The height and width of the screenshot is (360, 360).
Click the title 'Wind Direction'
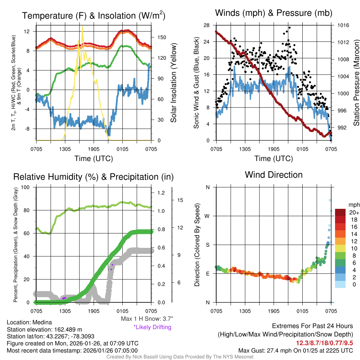point(274,175)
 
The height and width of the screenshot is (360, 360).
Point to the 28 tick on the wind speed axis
point(207,25)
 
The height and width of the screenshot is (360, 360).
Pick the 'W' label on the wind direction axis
point(207,216)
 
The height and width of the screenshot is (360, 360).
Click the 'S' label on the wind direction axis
point(207,245)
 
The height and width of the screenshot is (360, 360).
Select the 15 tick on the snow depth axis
point(180,200)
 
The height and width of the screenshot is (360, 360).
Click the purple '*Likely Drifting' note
point(152,327)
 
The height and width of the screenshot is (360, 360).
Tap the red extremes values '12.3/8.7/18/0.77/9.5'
point(323,342)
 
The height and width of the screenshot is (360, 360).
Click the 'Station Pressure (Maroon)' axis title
point(356,83)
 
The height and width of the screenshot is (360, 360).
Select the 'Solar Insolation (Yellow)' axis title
point(173,83)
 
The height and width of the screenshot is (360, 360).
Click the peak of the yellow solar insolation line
point(82,26)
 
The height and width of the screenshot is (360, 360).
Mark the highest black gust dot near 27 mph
point(290,27)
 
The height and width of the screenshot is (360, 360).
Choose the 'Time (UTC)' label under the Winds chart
point(274,159)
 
